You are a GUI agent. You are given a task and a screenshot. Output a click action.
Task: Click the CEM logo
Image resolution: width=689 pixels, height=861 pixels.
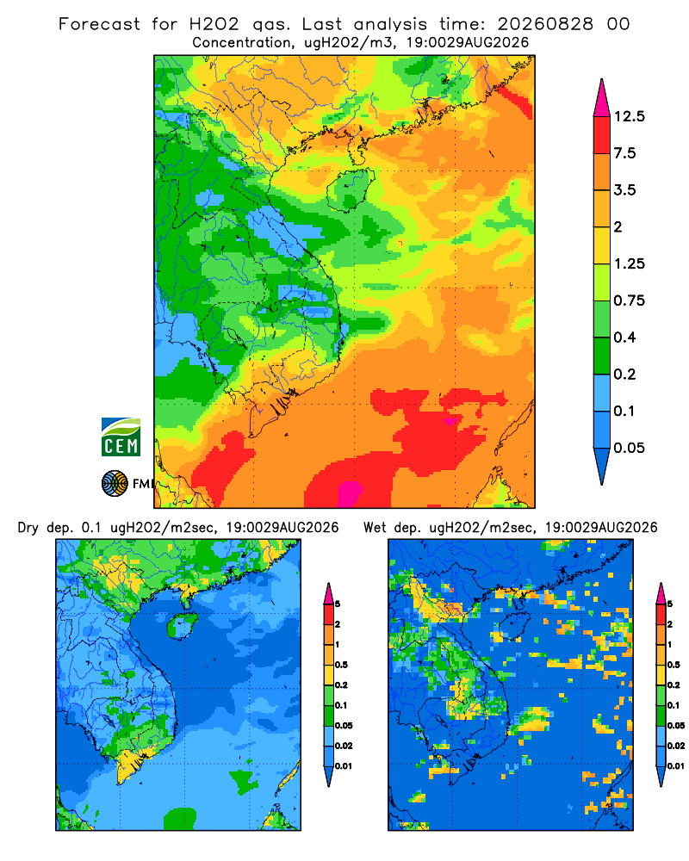coord(121,437)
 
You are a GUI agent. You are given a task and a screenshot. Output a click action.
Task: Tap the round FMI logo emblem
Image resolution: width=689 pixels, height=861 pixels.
coord(115,483)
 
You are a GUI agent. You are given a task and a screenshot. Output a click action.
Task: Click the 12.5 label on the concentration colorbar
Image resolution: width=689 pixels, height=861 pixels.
coord(629,116)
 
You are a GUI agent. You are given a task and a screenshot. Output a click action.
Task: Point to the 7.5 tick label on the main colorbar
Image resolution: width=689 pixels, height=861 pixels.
coord(624,153)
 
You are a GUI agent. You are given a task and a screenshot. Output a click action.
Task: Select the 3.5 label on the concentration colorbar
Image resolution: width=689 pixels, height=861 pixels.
coord(624,190)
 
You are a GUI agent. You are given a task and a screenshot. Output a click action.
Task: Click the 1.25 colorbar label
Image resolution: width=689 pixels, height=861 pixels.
coord(629,263)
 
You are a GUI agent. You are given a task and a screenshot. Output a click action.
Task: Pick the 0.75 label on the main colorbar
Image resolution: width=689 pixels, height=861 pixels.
coord(629,300)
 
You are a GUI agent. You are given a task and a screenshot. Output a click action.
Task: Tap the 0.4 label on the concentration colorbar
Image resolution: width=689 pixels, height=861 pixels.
coord(624,338)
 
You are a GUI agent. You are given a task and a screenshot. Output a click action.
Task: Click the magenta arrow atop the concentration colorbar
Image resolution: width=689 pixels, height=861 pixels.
coord(602,99)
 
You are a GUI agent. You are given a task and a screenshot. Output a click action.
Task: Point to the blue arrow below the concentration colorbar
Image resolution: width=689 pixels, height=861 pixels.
coord(602,466)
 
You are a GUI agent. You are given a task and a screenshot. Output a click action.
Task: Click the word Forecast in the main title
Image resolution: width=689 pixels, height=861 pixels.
coord(99,24)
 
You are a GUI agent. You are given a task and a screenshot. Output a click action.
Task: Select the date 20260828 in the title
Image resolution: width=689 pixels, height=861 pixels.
coord(545,24)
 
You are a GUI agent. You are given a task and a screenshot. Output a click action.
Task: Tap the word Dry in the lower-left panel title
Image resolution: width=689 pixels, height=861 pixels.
coord(28,528)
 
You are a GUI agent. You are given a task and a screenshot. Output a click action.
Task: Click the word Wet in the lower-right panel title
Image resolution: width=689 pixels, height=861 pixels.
coord(376,528)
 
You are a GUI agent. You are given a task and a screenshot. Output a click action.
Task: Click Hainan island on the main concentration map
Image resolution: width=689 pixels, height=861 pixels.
coord(350,189)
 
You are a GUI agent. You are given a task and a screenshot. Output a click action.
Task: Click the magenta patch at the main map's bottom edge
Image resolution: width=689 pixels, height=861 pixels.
coord(349,493)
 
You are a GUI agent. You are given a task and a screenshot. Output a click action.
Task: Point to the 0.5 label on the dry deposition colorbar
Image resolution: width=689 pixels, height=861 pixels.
coord(341,665)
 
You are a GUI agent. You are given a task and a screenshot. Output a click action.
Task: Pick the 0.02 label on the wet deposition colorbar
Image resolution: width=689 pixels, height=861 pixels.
coord(676,746)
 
